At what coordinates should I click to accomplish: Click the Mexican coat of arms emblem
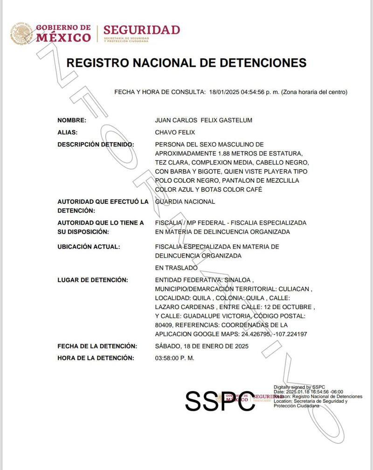click(21, 33)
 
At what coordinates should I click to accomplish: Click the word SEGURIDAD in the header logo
click(141, 30)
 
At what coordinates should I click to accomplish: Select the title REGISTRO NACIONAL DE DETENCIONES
click(186, 63)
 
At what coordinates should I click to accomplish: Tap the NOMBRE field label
click(72, 120)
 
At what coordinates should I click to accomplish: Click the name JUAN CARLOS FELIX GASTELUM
click(203, 120)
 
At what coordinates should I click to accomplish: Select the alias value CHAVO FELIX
click(175, 132)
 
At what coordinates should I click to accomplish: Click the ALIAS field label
click(68, 132)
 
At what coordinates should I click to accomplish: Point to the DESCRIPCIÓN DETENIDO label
click(96, 145)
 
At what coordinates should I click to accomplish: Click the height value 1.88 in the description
click(225, 153)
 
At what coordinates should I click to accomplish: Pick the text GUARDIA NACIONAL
click(185, 202)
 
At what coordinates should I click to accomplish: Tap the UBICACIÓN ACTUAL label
click(89, 247)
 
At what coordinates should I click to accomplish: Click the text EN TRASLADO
click(176, 268)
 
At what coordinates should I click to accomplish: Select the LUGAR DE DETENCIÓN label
click(92, 280)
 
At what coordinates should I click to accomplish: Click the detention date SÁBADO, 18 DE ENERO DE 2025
click(201, 346)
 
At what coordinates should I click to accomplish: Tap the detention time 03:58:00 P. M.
click(175, 358)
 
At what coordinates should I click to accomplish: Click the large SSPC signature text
click(220, 400)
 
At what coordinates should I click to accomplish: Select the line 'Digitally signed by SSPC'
click(299, 387)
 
